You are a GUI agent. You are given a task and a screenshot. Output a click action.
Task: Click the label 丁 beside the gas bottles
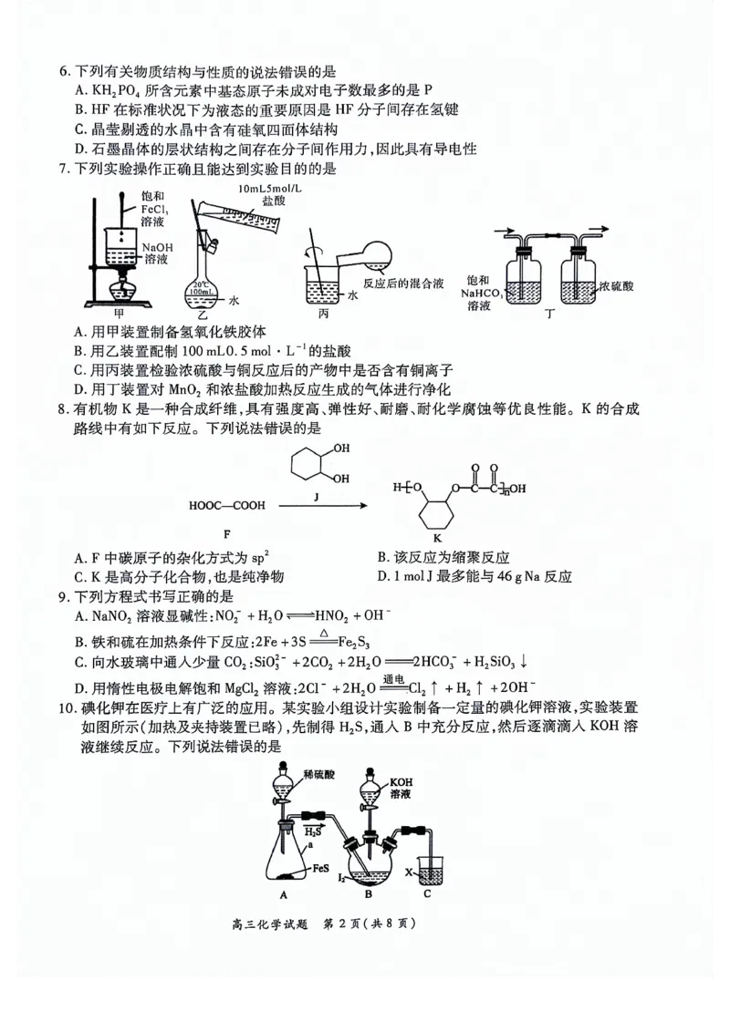tap(548, 314)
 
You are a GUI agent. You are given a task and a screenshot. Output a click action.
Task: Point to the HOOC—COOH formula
tap(221, 504)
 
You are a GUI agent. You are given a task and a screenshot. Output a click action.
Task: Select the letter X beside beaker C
tap(409, 872)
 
